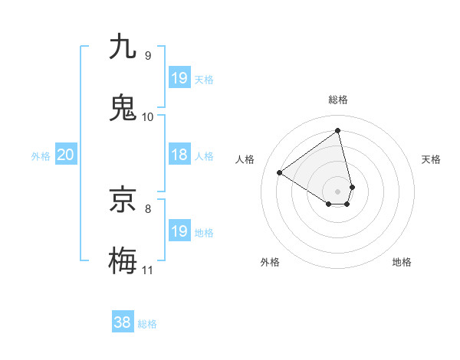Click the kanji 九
click(123, 47)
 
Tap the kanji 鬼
click(123, 107)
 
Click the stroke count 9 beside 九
click(147, 56)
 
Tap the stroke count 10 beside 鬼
click(148, 116)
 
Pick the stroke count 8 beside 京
click(147, 208)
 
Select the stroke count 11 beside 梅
click(148, 270)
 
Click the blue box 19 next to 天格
click(179, 77)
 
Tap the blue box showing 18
click(179, 155)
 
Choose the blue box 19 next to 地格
click(179, 231)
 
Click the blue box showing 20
click(66, 155)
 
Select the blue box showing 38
click(123, 322)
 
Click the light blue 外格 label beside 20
click(41, 155)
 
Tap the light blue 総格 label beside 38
click(147, 324)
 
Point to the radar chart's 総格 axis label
click(338, 100)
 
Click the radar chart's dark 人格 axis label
click(245, 159)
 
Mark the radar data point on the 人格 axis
click(280, 172)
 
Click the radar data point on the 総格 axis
click(338, 130)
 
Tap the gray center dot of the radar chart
click(338, 190)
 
